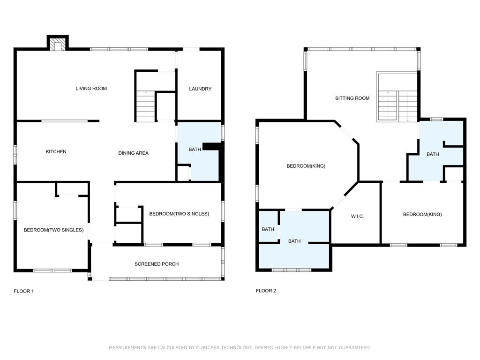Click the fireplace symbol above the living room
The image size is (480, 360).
tap(58, 44)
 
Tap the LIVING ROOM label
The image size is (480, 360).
tap(91, 89)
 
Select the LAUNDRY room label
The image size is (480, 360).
tap(200, 89)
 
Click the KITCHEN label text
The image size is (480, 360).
tap(56, 151)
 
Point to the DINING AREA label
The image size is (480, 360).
tap(134, 153)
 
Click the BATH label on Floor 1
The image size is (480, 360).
tap(195, 150)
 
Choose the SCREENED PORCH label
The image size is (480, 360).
tap(157, 264)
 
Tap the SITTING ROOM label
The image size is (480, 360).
tap(352, 98)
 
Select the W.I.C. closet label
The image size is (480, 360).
tap(358, 217)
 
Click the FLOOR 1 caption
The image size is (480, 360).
tap(24, 291)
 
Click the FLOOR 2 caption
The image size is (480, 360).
tap(266, 291)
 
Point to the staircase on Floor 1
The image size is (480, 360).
tap(145, 106)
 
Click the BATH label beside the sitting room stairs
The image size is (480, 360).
tap(433, 154)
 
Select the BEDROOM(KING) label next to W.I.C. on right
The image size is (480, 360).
tap(422, 214)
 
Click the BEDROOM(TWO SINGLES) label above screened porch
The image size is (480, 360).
tap(179, 214)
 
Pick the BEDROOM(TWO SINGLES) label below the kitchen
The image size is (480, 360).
tap(53, 230)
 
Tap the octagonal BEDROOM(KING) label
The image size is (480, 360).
tap(306, 166)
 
